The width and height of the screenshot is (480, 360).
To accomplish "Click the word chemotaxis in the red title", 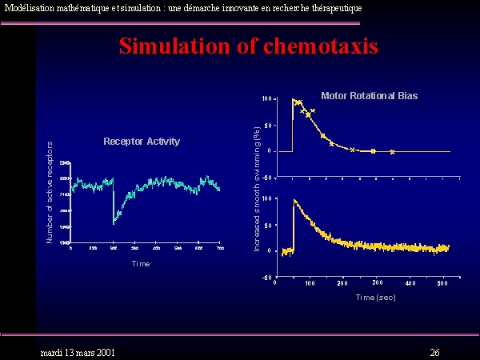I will [320, 46].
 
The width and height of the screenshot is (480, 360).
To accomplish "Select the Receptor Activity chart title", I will [142, 142].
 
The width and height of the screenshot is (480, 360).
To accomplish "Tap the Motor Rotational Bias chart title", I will [369, 96].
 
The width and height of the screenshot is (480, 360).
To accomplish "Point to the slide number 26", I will [434, 352].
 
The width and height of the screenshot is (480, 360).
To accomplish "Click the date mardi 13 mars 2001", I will [78, 352].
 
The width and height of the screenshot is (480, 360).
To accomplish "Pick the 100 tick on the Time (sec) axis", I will [310, 283].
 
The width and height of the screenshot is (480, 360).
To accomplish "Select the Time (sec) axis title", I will [375, 297].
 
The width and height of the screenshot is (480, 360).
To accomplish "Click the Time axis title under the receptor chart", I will [141, 263].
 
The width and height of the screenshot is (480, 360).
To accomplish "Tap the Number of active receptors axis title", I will [50, 192].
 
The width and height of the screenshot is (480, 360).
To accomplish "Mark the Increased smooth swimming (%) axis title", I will [257, 190].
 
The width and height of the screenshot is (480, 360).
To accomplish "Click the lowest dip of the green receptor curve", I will [114, 223].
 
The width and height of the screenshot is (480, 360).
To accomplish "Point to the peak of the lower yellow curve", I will [294, 200].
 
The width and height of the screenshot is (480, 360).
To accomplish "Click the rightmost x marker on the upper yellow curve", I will [392, 151].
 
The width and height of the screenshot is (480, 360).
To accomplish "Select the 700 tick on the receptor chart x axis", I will [220, 248].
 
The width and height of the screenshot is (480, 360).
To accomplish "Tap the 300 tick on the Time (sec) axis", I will [377, 283].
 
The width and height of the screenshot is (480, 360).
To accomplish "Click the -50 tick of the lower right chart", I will [267, 278].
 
